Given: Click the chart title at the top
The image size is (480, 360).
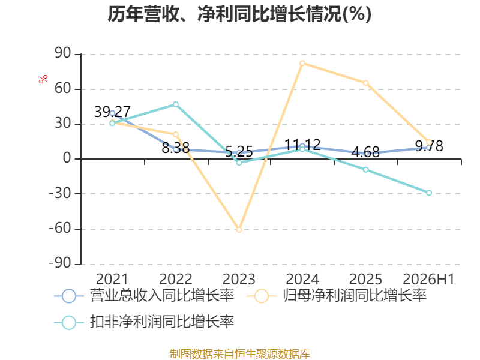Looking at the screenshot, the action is pos(239,14).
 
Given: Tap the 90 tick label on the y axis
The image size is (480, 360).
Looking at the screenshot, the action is pos(63,53).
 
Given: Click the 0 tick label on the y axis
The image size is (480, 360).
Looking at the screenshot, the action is pos(67,158).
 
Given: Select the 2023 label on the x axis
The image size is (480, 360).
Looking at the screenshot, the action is pos(239,279).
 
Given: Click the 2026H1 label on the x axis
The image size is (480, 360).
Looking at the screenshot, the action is pos(428,279).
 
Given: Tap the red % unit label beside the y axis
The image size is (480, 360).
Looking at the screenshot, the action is pos(43,79).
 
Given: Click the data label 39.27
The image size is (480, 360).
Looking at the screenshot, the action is pos(112,112).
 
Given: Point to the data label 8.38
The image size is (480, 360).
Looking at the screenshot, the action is pos(176,148).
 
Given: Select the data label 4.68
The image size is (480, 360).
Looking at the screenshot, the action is pos(365,152).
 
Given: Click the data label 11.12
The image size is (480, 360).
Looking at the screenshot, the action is pos(302,145).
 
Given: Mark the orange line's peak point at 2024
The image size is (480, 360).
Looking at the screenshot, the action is pos(302,64).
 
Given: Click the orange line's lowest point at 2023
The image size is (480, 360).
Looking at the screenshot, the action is pos(239,230).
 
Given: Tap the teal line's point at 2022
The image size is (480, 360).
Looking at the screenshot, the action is pos(176,104).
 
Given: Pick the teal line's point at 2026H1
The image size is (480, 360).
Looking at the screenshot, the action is pos(429,193).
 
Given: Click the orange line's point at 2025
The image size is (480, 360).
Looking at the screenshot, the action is pos(365,83).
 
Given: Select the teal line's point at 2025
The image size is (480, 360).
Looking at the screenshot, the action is pos(365,170).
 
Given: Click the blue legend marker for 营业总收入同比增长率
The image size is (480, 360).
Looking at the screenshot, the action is pos(69,296).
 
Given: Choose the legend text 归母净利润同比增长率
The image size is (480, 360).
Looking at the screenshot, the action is pos(355,295).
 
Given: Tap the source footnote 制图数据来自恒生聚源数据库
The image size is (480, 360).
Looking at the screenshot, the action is pos(240,354).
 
